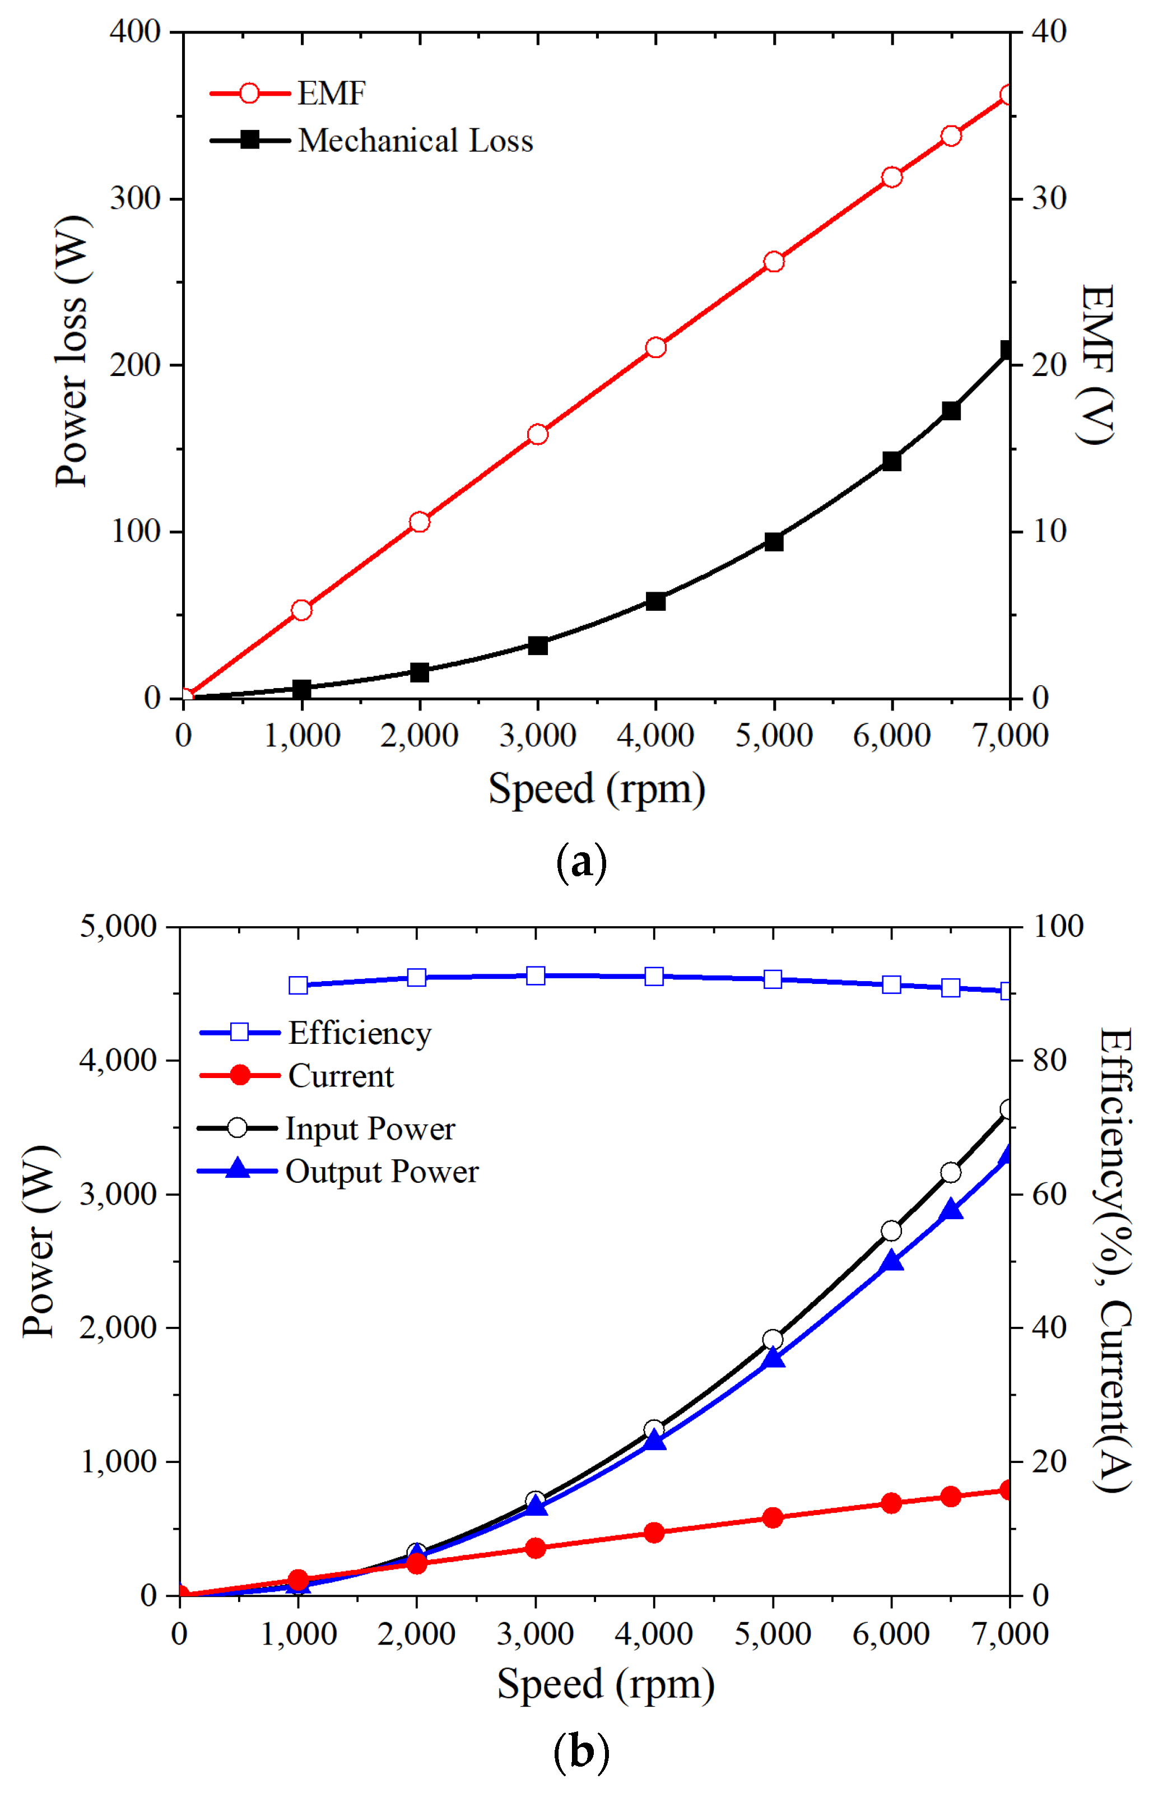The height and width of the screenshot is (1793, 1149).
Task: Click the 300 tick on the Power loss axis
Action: coord(135,199)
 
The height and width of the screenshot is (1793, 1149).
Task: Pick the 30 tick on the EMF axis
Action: coord(1048,199)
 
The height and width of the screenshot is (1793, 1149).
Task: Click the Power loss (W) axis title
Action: coord(72,351)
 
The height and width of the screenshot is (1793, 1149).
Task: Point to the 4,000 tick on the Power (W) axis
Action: coord(118,1060)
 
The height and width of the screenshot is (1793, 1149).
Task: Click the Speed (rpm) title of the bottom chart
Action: coord(605,1684)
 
